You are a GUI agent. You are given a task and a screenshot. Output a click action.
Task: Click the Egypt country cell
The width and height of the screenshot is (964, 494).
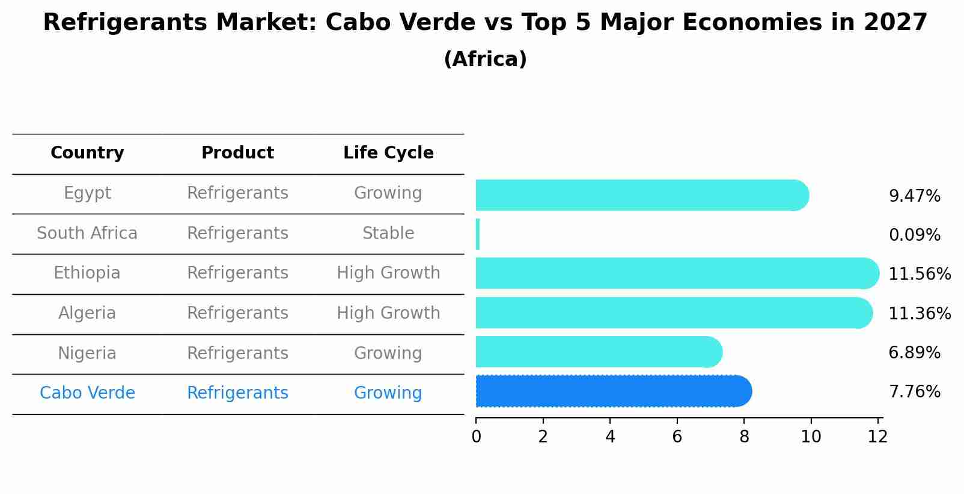point(87,193)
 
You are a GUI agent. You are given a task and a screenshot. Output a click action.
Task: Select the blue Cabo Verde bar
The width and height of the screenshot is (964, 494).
point(613,391)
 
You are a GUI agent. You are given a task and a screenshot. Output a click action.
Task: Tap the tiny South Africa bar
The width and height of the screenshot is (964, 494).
point(478,234)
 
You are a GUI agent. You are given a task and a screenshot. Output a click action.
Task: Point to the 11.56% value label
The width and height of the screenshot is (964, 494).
point(919,274)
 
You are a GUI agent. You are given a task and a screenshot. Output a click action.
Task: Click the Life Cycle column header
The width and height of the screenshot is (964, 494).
point(388,153)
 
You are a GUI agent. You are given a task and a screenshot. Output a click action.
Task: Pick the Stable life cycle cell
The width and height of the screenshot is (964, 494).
point(388,233)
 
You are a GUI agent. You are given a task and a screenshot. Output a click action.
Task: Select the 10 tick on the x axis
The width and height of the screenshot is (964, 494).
point(811,437)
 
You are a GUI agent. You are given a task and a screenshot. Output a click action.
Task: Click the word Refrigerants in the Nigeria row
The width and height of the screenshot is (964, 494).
point(237,354)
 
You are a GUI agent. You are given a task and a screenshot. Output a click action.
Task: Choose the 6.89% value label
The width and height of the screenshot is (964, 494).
point(914,353)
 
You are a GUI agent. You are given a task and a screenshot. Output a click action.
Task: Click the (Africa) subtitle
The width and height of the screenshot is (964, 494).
point(485,59)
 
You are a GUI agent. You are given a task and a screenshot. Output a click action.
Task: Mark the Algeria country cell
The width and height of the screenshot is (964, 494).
point(87,313)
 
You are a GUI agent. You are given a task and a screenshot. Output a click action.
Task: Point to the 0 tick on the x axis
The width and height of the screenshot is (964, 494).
point(476,437)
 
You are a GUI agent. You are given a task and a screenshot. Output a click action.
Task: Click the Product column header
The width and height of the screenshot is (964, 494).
point(237,153)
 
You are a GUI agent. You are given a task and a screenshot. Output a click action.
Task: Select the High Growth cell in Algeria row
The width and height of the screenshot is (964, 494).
point(388,313)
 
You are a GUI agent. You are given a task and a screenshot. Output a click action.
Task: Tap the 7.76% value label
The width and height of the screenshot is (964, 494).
point(914,392)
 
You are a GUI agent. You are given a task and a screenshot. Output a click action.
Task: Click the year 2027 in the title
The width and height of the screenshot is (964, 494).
point(895,23)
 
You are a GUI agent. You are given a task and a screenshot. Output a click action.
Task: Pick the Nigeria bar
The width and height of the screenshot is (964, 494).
point(598,352)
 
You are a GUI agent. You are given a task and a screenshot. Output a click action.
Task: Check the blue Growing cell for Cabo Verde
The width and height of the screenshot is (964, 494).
point(388,393)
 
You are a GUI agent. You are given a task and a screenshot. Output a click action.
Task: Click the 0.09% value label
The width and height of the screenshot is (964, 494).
point(914,235)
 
